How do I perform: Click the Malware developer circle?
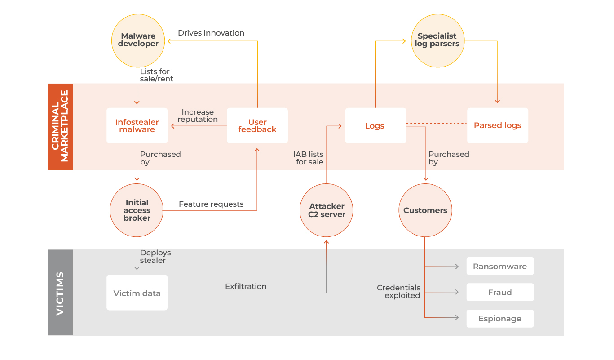point(138,40)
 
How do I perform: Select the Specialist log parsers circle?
point(437,40)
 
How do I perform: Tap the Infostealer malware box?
point(137,126)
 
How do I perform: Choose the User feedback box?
point(257,126)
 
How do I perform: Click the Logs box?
point(375,126)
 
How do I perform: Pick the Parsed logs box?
point(498,126)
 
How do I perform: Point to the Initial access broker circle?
point(137,210)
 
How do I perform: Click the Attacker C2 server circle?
point(327,210)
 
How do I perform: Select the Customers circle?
point(425,210)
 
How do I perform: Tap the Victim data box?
point(137,293)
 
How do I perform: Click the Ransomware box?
point(500,267)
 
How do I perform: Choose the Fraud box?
point(500,293)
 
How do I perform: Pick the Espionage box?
point(500,319)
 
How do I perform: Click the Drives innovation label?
point(211,33)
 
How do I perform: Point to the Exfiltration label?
point(246,286)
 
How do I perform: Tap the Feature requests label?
point(211,204)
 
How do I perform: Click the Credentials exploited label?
point(399,292)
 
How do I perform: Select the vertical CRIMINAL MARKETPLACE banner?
point(60,126)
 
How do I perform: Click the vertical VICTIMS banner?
point(60,293)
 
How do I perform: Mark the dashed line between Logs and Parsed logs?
point(437,123)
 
